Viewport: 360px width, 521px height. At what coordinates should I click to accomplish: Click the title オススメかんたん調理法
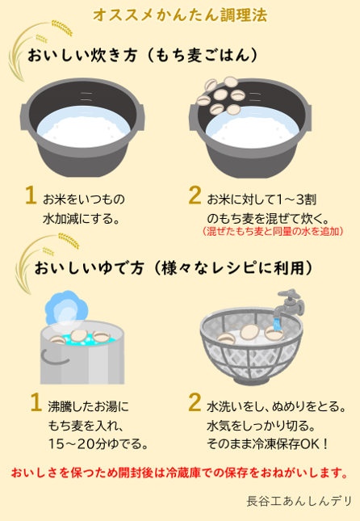tap(180, 15)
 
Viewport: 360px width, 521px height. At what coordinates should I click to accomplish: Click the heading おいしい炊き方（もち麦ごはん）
tap(143, 55)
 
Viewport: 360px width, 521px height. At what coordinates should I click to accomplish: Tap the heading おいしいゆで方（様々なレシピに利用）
tap(174, 268)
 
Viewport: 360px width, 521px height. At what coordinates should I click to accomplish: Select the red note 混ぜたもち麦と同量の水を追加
tap(272, 231)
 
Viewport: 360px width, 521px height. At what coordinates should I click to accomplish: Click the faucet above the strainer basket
tap(290, 302)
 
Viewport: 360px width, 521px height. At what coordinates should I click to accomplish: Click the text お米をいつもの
tap(84, 199)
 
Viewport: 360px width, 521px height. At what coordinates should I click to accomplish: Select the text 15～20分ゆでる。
tap(98, 443)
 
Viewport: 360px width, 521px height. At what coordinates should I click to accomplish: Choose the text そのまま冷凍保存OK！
tap(268, 443)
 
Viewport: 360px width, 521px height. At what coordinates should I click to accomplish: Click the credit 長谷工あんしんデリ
tap(299, 501)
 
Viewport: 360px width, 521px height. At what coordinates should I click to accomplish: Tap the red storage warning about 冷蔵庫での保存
tap(180, 473)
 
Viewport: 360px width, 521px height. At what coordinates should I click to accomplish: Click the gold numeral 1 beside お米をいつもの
tap(31, 195)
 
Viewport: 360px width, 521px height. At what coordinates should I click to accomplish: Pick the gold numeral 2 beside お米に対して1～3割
tap(195, 195)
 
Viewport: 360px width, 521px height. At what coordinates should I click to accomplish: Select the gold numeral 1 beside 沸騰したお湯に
tap(36, 402)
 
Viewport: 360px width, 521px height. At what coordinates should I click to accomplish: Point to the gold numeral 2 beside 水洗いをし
tap(195, 402)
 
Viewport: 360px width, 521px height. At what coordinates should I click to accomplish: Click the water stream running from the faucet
tap(277, 324)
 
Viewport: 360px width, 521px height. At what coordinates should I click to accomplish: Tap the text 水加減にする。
tap(82, 219)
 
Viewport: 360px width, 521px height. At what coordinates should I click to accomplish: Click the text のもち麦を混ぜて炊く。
tap(268, 219)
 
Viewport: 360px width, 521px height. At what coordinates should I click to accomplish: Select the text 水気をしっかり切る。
tap(261, 426)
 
